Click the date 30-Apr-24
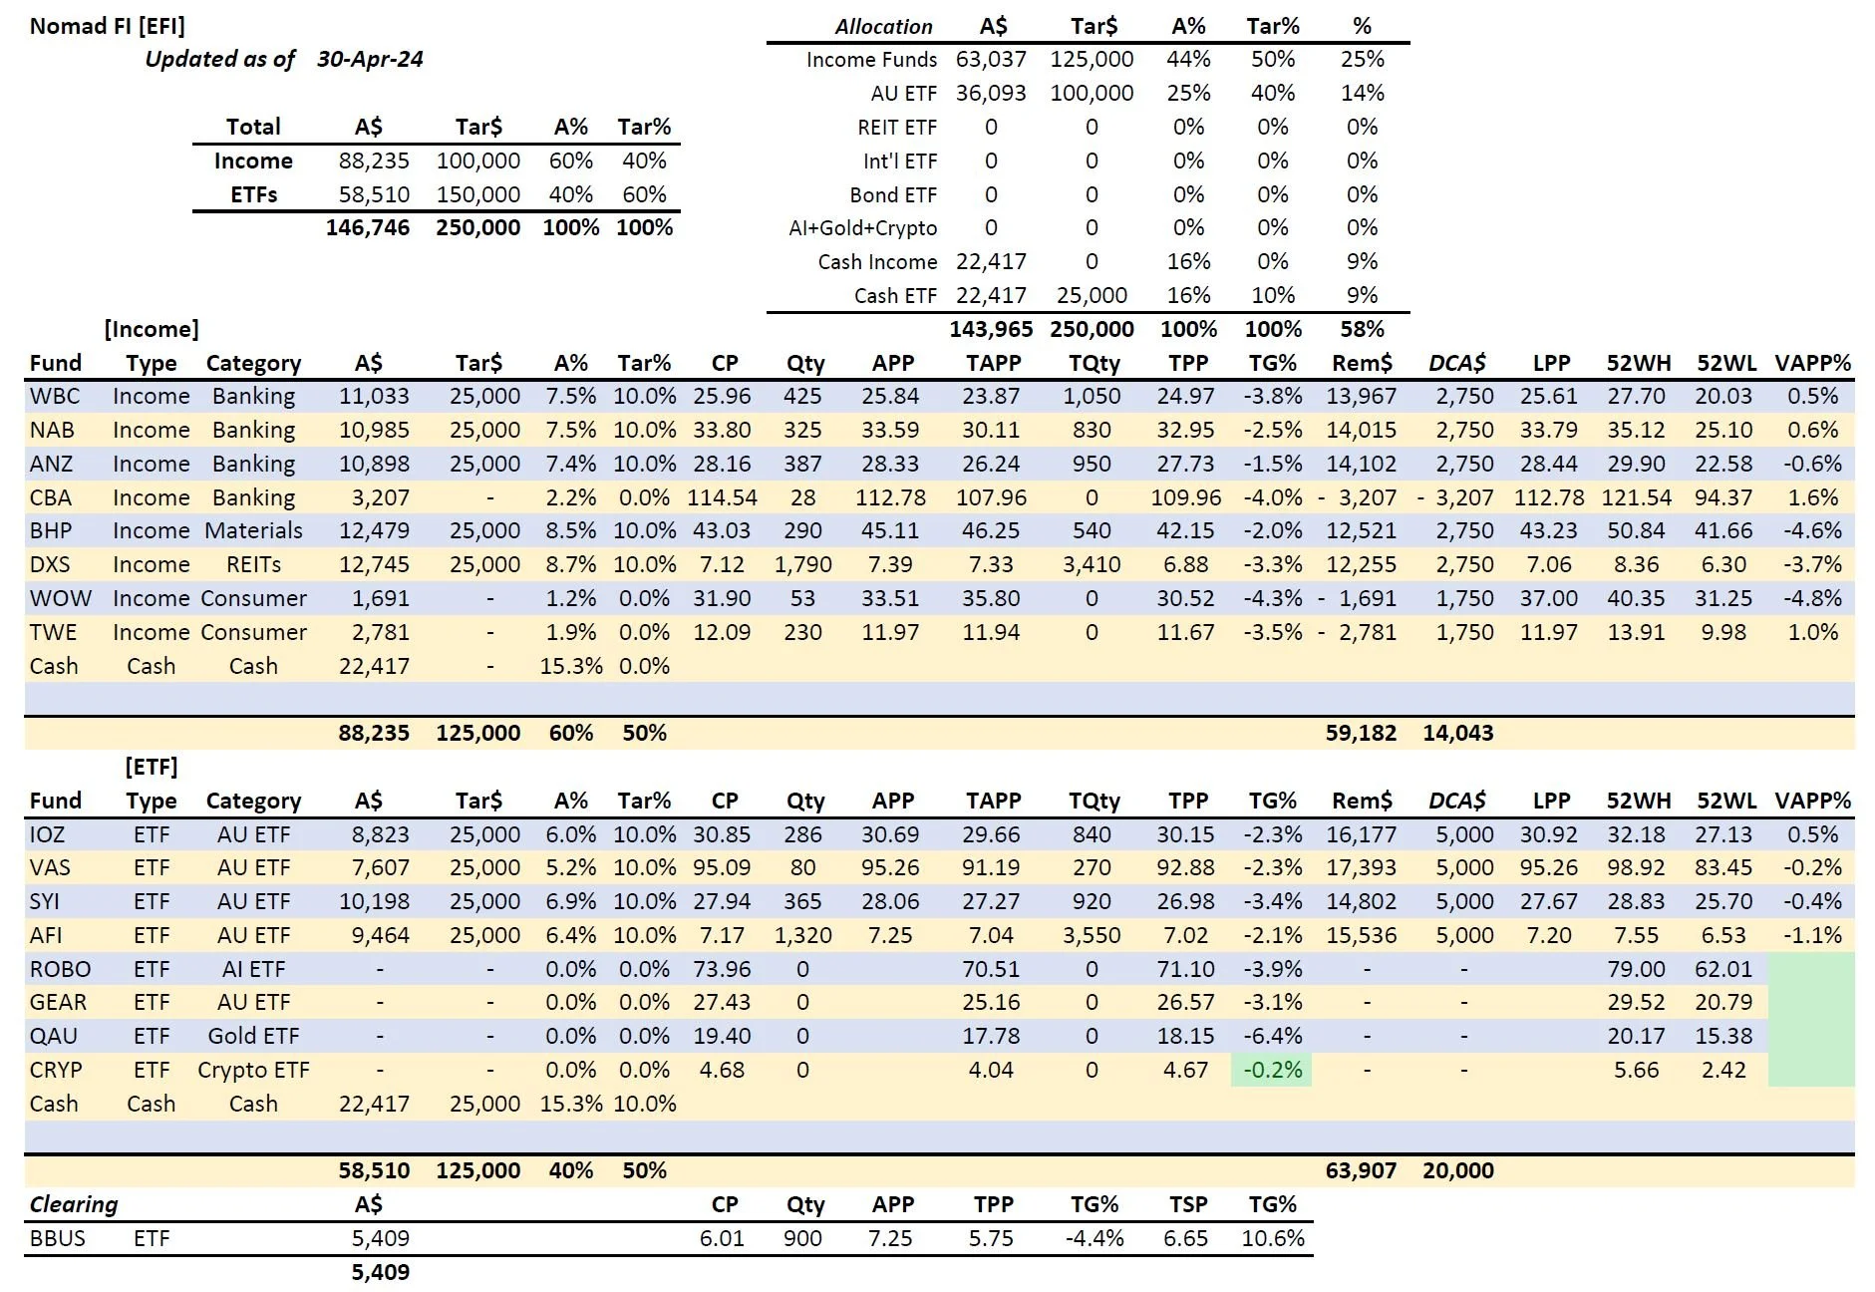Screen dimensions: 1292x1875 pyautogui.click(x=370, y=59)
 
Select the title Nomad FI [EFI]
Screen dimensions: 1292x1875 pyautogui.click(x=107, y=26)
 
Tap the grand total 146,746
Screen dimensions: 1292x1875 pyautogui.click(x=367, y=227)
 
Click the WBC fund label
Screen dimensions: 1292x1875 pyautogui.click(x=55, y=396)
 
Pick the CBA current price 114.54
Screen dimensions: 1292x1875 pyautogui.click(x=722, y=497)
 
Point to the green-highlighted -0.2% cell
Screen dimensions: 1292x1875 pyautogui.click(x=1272, y=1070)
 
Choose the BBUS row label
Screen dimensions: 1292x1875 pyautogui.click(x=58, y=1238)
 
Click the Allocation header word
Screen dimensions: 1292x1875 pyautogui.click(x=883, y=26)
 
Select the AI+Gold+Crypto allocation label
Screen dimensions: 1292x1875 pyautogui.click(x=862, y=228)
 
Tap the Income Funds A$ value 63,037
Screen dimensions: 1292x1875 pyautogui.click(x=990, y=60)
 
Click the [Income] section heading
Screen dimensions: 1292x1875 pyautogui.click(x=152, y=329)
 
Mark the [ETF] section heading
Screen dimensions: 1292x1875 pyautogui.click(x=152, y=767)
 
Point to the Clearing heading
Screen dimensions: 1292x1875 pyautogui.click(x=74, y=1204)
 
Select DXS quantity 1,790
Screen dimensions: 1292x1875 pyautogui.click(x=802, y=564)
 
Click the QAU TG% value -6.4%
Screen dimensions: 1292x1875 pyautogui.click(x=1272, y=1036)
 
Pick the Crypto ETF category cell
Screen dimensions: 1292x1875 pyautogui.click(x=253, y=1070)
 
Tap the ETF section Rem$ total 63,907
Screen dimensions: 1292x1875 pyautogui.click(x=1361, y=1170)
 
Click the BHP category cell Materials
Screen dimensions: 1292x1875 pyautogui.click(x=253, y=530)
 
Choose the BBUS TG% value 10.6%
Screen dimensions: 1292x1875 pyautogui.click(x=1272, y=1238)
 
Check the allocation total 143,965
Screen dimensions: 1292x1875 pyautogui.click(x=991, y=329)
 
